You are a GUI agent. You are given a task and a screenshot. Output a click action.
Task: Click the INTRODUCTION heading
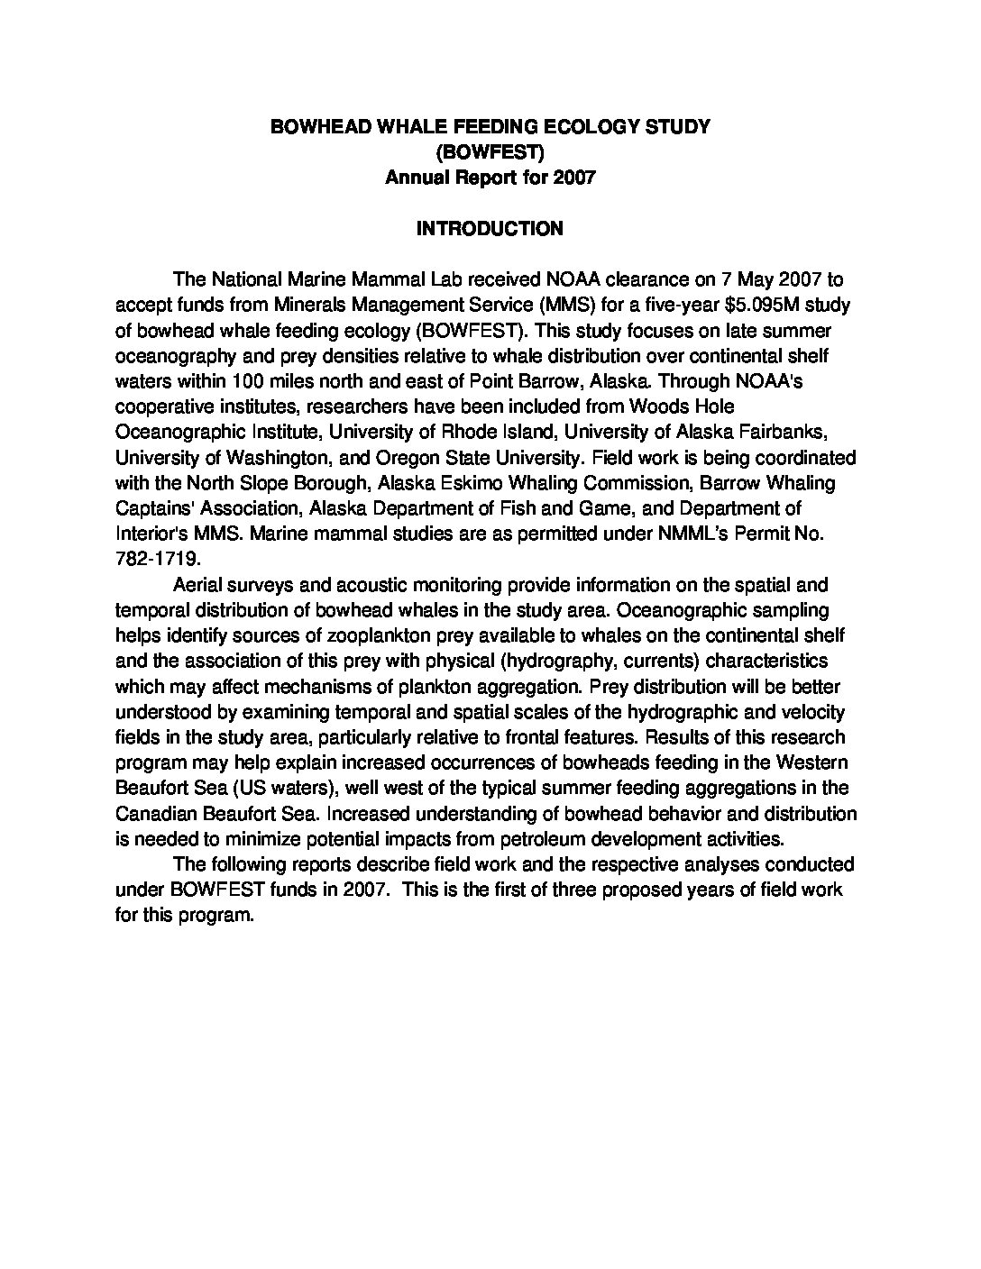[490, 229]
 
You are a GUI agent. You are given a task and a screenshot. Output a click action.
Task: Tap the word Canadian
[152, 814]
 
